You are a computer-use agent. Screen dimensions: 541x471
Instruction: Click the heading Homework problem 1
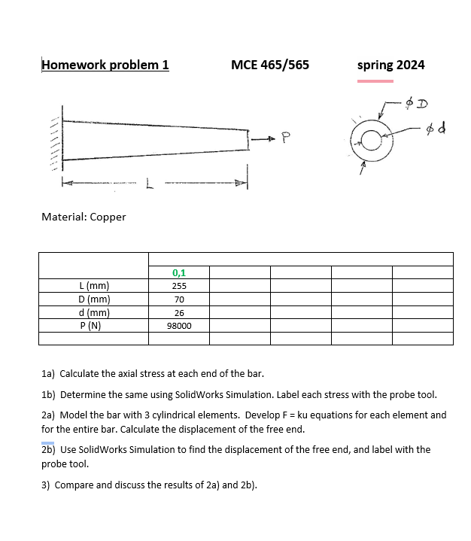click(x=105, y=65)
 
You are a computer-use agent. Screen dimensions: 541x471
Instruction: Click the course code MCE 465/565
click(x=270, y=65)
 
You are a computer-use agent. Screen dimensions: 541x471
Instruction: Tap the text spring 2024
click(x=390, y=65)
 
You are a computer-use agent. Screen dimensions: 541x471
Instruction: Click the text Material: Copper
click(x=84, y=217)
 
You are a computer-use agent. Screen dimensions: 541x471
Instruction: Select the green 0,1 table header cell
click(x=179, y=272)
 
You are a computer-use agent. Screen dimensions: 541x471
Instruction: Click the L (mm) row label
click(x=94, y=286)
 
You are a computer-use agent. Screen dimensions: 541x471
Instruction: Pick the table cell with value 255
click(x=179, y=286)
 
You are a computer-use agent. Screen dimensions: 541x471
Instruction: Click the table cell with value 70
click(x=179, y=299)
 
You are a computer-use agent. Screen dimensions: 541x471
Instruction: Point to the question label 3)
click(x=45, y=485)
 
